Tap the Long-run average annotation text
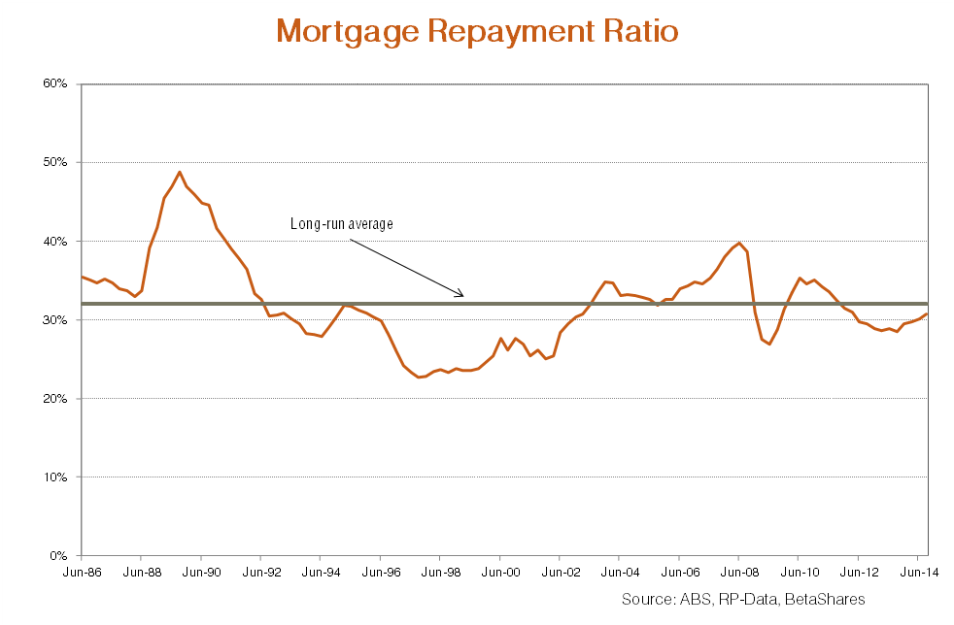click(x=341, y=224)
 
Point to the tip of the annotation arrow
click(x=464, y=296)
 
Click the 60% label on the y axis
click(x=53, y=83)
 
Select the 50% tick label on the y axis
click(x=53, y=162)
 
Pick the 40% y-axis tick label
click(x=53, y=241)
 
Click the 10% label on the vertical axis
click(x=53, y=477)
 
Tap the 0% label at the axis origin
click(x=57, y=556)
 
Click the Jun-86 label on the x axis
click(x=82, y=574)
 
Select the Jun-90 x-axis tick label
click(x=201, y=574)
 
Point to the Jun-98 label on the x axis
click(x=439, y=574)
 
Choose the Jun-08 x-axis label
click(x=737, y=574)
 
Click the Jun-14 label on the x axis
click(x=917, y=574)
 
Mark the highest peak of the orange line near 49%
click(x=180, y=172)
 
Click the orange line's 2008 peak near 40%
click(x=739, y=243)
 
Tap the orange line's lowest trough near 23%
click(x=419, y=377)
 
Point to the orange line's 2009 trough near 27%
click(x=769, y=344)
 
